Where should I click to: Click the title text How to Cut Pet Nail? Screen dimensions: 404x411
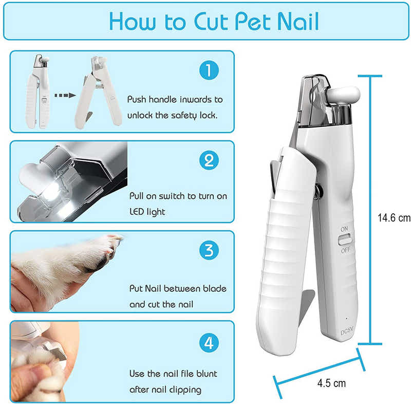point(213,21)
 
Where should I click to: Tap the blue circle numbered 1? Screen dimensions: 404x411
point(209,70)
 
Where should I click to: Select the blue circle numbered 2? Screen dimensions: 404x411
point(209,161)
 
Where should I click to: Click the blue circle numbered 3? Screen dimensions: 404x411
point(209,251)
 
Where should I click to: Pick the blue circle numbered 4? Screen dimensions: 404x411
point(209,342)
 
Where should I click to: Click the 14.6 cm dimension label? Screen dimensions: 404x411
point(394,217)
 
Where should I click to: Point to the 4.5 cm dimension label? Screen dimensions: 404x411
point(331,383)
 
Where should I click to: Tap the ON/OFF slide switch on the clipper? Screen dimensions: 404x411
point(345,239)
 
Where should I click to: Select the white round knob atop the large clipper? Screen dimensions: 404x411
point(344,95)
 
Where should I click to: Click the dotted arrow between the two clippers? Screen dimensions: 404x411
point(65,95)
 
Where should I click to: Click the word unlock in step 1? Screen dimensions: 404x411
point(140,115)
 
